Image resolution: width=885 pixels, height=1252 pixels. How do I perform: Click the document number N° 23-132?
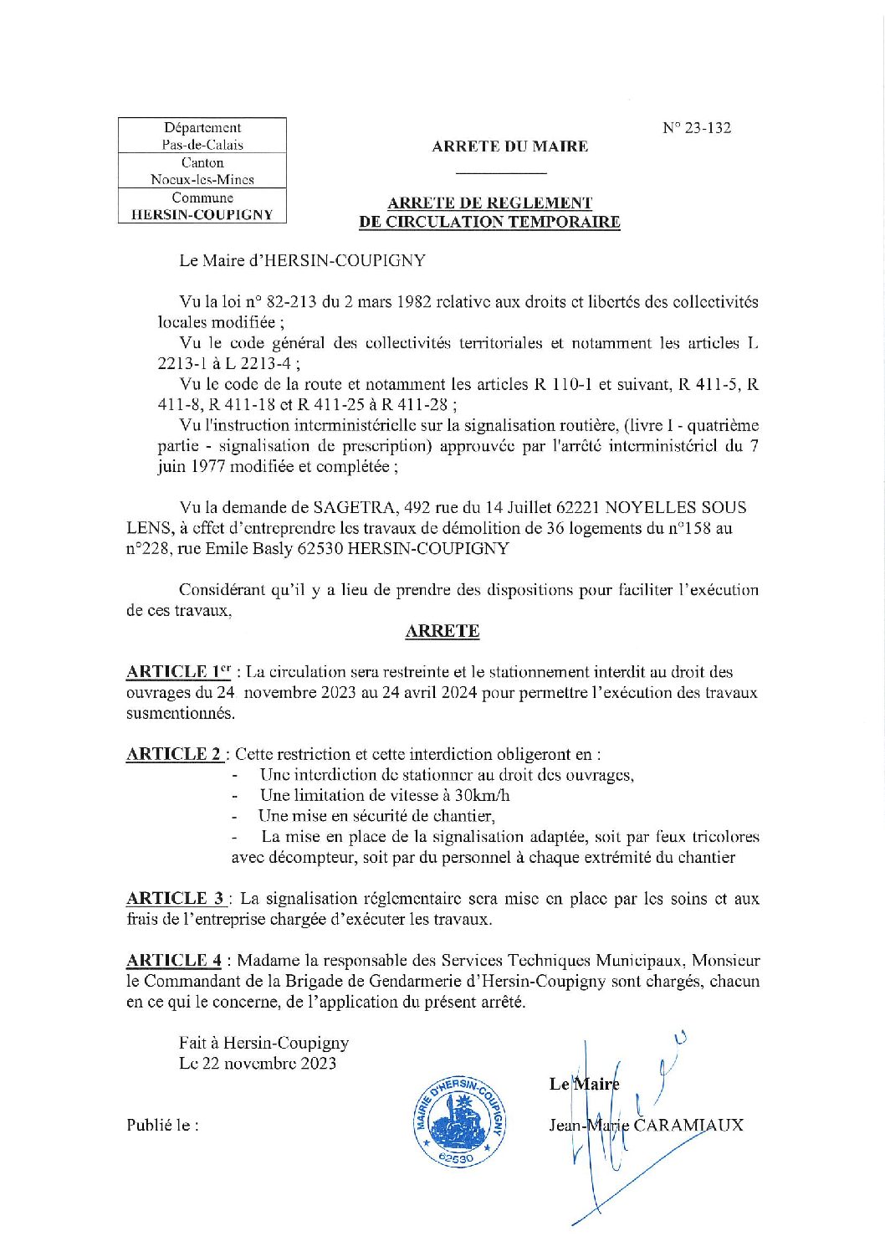coord(696,128)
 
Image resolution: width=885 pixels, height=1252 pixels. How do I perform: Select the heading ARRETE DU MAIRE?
coord(509,146)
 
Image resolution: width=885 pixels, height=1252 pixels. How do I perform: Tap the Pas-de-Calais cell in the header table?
coord(202,145)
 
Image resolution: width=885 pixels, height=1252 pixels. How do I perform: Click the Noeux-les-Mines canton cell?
coord(202,179)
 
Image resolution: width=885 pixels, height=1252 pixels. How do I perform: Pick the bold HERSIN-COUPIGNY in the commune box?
coord(202,214)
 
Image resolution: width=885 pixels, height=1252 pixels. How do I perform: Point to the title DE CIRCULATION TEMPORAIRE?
coord(489,222)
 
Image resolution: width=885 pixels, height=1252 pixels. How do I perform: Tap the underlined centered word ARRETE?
coord(442,631)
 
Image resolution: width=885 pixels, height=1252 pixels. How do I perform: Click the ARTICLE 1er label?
coord(178,672)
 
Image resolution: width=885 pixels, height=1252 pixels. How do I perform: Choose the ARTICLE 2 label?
coord(175,754)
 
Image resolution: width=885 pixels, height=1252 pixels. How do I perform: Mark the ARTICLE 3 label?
coord(176,899)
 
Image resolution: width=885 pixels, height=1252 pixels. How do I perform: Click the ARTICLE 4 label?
coord(175,961)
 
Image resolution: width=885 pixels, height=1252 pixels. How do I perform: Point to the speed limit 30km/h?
coord(482,795)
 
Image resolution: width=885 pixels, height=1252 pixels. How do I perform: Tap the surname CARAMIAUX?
coord(688,1125)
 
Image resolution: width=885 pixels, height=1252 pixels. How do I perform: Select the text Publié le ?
coord(162,1125)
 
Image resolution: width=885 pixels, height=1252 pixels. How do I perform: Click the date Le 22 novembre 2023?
coord(258,1064)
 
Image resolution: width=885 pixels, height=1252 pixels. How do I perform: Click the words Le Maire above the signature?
coord(584,1085)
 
